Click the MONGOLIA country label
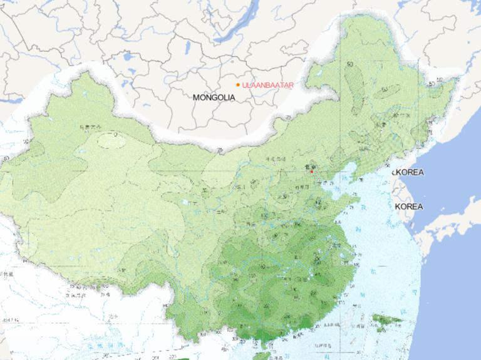[214, 98]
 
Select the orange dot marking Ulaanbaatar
[238, 85]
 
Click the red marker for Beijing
[311, 171]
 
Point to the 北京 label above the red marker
[308, 165]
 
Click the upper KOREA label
[408, 172]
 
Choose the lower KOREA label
[409, 207]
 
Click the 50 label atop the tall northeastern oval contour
[349, 64]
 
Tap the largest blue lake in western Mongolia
[130, 57]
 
